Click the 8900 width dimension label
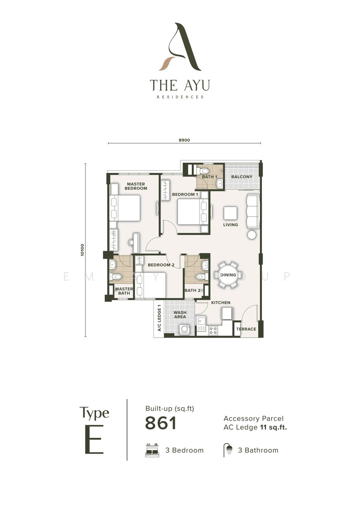coord(184,140)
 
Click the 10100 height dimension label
coord(82,250)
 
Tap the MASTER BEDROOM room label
coord(136,186)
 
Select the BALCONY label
coord(242,176)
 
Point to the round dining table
coord(228,275)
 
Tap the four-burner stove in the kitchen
coord(213,330)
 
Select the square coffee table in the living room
coord(230,213)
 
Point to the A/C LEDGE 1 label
coord(159,318)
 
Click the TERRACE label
coord(246,329)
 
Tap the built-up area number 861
coord(161,423)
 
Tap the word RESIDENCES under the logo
coord(180,97)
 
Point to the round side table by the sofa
coord(252,234)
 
